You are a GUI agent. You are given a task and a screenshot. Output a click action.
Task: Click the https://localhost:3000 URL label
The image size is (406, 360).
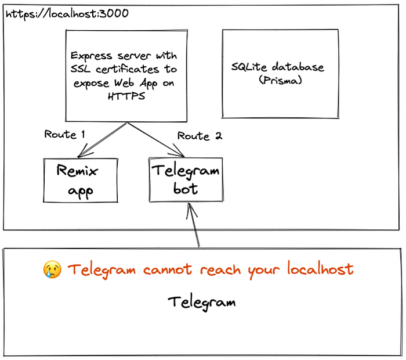67,12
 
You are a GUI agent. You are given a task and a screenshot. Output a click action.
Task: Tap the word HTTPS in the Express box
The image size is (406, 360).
124,96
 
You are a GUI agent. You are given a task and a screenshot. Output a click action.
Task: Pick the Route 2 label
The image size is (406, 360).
200,136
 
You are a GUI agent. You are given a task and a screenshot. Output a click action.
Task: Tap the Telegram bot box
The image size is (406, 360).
186,179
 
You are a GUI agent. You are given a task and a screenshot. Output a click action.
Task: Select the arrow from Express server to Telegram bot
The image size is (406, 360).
155,139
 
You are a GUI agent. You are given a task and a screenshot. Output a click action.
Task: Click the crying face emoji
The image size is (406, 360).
52,269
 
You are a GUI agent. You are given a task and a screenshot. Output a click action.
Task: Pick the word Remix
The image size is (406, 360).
77,171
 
